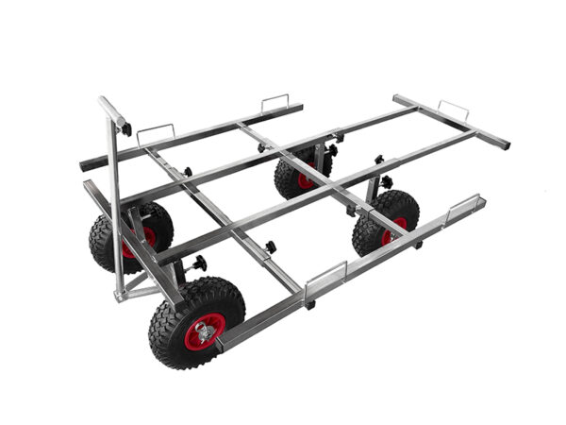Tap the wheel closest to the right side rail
pyautogui.click(x=386, y=223)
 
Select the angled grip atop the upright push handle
pyautogui.click(x=112, y=110)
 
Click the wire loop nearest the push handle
pyautogui.click(x=156, y=133)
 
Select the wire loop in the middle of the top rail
pyautogui.click(x=275, y=100)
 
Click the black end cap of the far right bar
pyautogui.click(x=505, y=144)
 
